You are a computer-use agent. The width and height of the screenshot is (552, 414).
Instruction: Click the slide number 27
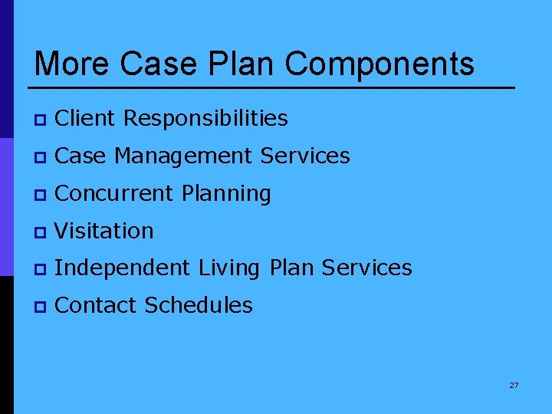[514, 385]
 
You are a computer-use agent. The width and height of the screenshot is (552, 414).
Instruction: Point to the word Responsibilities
[205, 119]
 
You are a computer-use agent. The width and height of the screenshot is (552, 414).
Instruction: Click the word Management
[184, 156]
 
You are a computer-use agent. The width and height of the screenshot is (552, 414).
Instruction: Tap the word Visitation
[104, 231]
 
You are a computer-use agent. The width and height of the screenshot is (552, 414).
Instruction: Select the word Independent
[123, 268]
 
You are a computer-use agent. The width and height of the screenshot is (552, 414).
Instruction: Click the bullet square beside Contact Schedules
[39, 307]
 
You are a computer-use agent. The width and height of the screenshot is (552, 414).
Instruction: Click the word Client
[86, 119]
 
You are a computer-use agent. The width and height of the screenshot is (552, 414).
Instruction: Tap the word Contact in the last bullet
[97, 305]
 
